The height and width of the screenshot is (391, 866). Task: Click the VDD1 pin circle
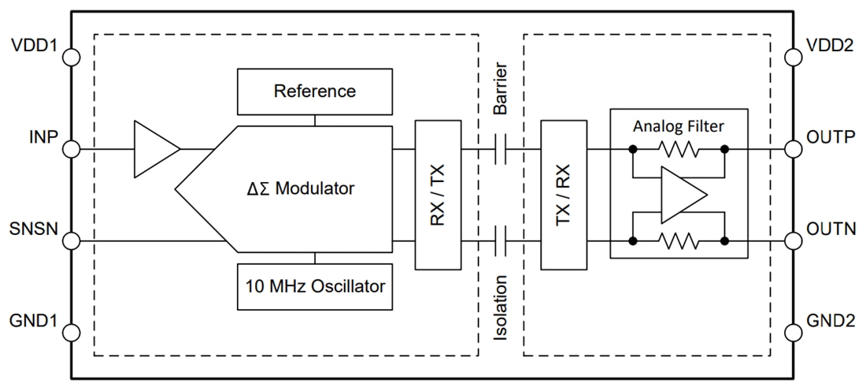pos(72,57)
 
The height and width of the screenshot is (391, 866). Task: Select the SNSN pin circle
pos(72,240)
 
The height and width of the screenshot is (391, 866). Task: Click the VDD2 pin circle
pos(794,57)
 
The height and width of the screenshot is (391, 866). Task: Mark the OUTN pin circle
pos(794,240)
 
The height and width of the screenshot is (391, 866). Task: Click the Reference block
pos(315,91)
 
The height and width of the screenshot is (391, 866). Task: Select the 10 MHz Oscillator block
pos(315,286)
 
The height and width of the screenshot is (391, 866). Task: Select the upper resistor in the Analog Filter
pos(678,148)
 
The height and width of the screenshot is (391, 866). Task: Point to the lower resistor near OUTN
pos(678,240)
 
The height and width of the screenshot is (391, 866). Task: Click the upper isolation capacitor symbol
pos(498,148)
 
